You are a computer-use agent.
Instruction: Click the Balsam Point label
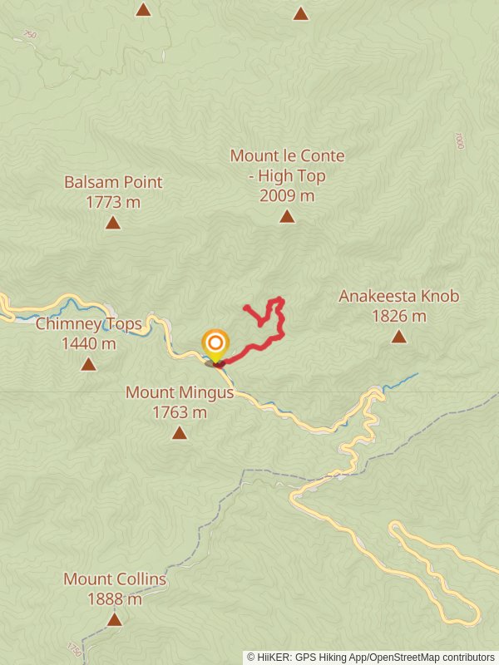pos(113,182)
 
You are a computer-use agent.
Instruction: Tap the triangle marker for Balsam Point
pos(112,222)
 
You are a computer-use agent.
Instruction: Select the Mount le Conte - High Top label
pos(287,165)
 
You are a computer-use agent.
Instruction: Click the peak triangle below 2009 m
pos(287,216)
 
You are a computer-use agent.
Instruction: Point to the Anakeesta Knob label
pos(398,297)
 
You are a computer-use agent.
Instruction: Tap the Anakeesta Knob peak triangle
pos(399,336)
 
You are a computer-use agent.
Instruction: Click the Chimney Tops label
pos(88,324)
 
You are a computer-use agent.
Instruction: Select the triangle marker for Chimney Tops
pos(88,364)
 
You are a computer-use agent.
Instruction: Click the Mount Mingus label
pos(180,392)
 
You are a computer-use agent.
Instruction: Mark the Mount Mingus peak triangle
pos(180,432)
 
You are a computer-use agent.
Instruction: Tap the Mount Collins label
pos(115,579)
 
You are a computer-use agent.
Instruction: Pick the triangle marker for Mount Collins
pos(115,619)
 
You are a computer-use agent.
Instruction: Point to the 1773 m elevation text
pos(113,202)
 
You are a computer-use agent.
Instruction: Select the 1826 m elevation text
pos(399,316)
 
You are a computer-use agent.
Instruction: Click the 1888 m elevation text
pos(115,598)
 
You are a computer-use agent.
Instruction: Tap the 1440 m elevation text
pos(88,343)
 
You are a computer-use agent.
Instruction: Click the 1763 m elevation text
pos(180,412)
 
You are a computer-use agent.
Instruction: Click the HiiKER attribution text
pos(370,657)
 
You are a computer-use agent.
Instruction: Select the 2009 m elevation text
pos(287,196)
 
